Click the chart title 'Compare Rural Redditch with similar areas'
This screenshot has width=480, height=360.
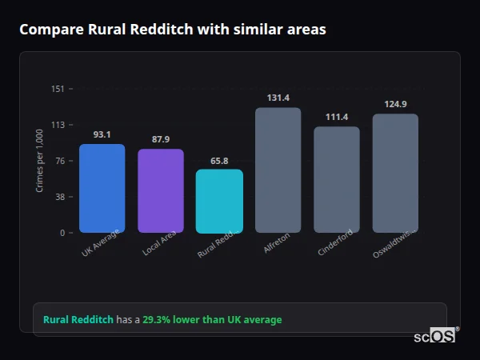coord(172,30)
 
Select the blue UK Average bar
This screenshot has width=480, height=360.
coord(102,189)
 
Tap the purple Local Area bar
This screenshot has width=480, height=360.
coord(161,191)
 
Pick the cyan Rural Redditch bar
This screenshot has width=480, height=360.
coord(219,202)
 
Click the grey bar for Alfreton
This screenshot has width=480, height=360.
coord(278,170)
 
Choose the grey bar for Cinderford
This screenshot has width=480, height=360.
coord(336,180)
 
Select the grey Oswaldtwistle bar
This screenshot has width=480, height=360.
coord(395,174)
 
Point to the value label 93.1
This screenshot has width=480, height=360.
coord(102,134)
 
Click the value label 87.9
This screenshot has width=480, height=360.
coord(161,139)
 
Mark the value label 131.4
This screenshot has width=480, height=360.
coord(278,98)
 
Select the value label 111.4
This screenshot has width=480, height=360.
coord(336,117)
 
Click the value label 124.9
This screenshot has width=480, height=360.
coord(395,104)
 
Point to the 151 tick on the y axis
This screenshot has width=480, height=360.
coord(58,89)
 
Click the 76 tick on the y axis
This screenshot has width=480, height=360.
coord(60,161)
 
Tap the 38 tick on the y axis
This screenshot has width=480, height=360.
coord(60,197)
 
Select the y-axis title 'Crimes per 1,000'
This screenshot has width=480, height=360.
coord(39,161)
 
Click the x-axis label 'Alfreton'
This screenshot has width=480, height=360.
coord(277,243)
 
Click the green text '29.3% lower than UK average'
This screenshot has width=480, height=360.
coord(212,320)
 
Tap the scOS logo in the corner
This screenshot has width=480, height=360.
coord(435,336)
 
